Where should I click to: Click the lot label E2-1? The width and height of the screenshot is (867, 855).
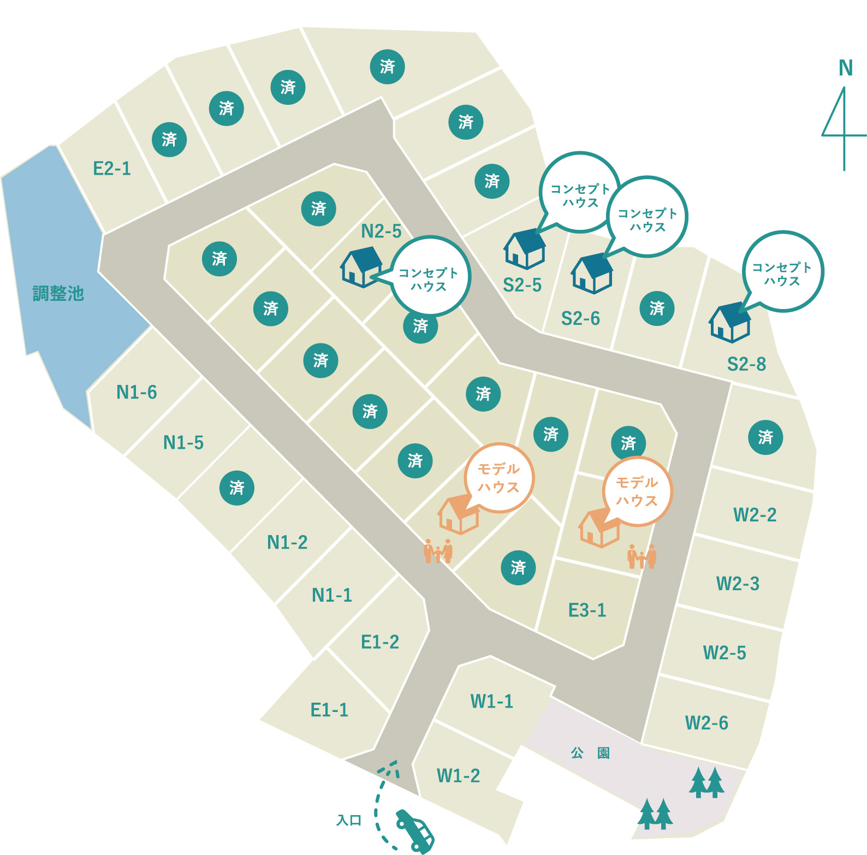click(112, 168)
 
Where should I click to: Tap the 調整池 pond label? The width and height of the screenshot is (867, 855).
click(58, 294)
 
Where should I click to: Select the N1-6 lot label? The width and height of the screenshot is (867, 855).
click(136, 392)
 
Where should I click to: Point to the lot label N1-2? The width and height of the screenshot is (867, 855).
click(287, 542)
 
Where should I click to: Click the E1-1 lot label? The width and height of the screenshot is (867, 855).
click(329, 710)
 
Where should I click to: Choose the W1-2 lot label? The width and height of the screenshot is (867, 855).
click(458, 775)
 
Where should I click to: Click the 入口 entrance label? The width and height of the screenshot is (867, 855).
click(349, 820)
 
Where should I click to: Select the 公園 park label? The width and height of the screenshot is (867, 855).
click(590, 753)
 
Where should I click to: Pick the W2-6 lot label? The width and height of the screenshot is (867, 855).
click(706, 723)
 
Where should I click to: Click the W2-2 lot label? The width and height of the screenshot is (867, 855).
click(755, 515)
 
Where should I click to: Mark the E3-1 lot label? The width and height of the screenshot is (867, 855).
click(587, 610)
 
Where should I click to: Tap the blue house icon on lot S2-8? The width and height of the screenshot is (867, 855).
click(729, 323)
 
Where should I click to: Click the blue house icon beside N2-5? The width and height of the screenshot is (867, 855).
click(361, 266)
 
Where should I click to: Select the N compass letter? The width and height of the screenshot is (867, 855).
click(845, 68)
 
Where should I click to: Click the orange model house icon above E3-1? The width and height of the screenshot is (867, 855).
click(599, 528)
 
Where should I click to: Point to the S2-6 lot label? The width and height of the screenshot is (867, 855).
click(580, 318)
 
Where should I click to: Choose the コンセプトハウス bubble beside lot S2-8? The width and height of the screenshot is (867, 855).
click(782, 272)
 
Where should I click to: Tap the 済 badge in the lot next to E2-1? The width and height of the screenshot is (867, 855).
click(169, 140)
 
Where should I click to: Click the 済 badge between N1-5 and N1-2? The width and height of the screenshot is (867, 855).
click(236, 488)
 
